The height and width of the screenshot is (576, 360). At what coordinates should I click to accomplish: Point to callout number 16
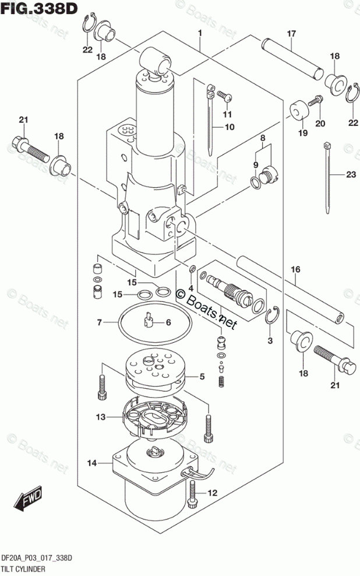point(295,269)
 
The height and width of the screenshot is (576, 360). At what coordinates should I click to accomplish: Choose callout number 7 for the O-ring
point(100,322)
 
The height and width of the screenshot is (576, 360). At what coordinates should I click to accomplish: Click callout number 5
point(202,377)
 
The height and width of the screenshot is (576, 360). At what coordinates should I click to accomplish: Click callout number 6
point(168,322)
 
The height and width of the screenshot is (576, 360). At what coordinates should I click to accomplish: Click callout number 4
point(190,287)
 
